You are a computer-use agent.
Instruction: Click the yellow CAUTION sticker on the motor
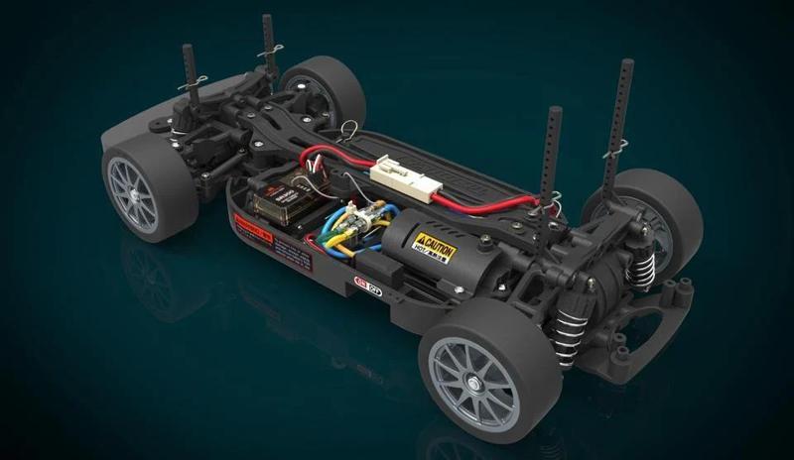[434, 247]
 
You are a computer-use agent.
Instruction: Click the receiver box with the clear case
[280, 198]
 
